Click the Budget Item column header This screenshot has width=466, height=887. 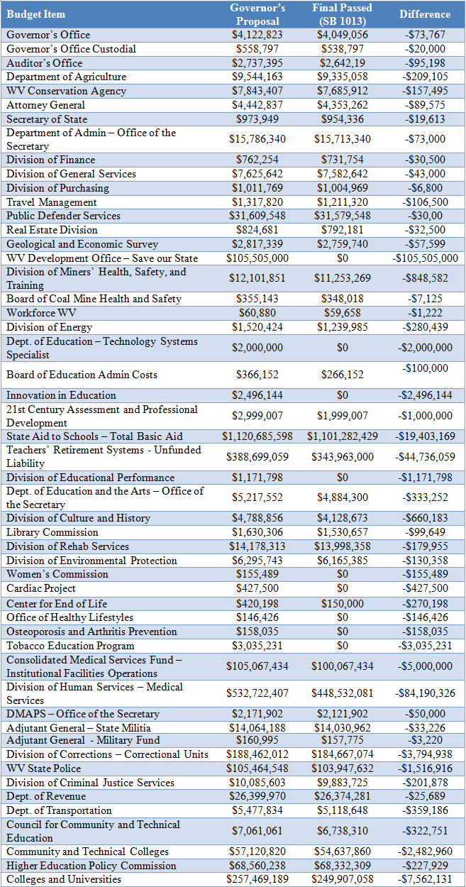36,14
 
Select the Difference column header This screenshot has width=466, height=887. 425,14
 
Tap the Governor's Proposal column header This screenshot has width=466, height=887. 257,14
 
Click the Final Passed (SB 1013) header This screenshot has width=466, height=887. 343,14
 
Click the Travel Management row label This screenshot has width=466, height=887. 52,202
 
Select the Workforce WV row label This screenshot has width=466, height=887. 38,313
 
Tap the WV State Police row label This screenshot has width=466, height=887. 44,768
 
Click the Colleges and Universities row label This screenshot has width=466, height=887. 65,880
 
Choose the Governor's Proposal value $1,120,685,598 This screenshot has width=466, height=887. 257,436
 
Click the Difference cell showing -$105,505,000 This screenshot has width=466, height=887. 425,258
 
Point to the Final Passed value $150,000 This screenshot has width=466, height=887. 343,603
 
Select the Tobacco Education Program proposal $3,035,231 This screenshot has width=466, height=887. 257,646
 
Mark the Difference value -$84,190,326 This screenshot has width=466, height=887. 425,693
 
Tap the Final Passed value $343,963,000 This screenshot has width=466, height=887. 343,457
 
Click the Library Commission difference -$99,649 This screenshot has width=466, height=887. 425,532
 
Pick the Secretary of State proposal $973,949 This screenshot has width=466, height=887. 257,119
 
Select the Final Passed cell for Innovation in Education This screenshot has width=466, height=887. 343,395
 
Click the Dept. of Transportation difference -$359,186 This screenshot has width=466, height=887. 425,810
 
